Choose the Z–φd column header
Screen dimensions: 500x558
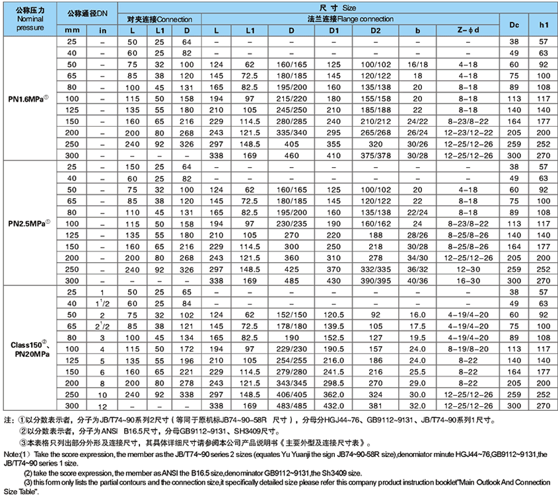click(468, 30)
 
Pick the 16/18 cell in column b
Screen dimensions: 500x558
click(418, 64)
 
